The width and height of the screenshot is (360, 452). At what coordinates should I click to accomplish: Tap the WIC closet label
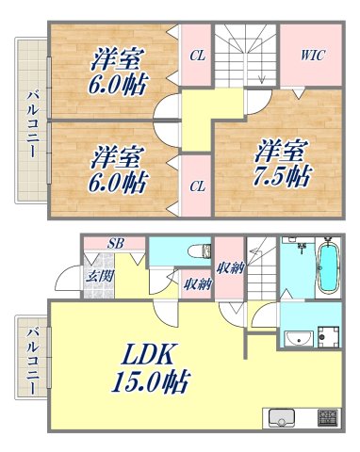click(x=312, y=56)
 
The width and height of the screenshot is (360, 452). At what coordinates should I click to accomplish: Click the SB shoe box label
click(x=113, y=244)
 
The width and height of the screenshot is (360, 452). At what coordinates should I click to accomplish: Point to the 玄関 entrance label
click(x=98, y=276)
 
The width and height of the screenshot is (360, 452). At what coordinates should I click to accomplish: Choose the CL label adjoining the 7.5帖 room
click(x=196, y=186)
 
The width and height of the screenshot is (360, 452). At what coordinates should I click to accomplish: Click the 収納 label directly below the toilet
click(x=196, y=282)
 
